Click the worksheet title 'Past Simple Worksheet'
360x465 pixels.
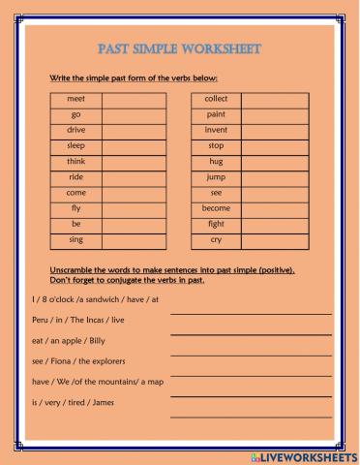(x=180, y=48)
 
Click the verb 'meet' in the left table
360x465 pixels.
(x=76, y=99)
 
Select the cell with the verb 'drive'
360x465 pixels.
(x=76, y=130)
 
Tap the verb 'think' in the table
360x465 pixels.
(x=76, y=161)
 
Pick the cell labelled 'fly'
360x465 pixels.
(x=76, y=207)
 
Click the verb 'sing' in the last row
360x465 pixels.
(x=76, y=238)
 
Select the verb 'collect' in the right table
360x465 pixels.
(x=216, y=99)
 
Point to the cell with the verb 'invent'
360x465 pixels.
(x=216, y=130)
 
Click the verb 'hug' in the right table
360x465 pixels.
(x=216, y=161)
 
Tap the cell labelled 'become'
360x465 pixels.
(x=216, y=207)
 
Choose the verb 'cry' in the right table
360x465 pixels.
(x=216, y=238)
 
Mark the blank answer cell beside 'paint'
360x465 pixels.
(x=274, y=114)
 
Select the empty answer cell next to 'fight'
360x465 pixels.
(x=274, y=223)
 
